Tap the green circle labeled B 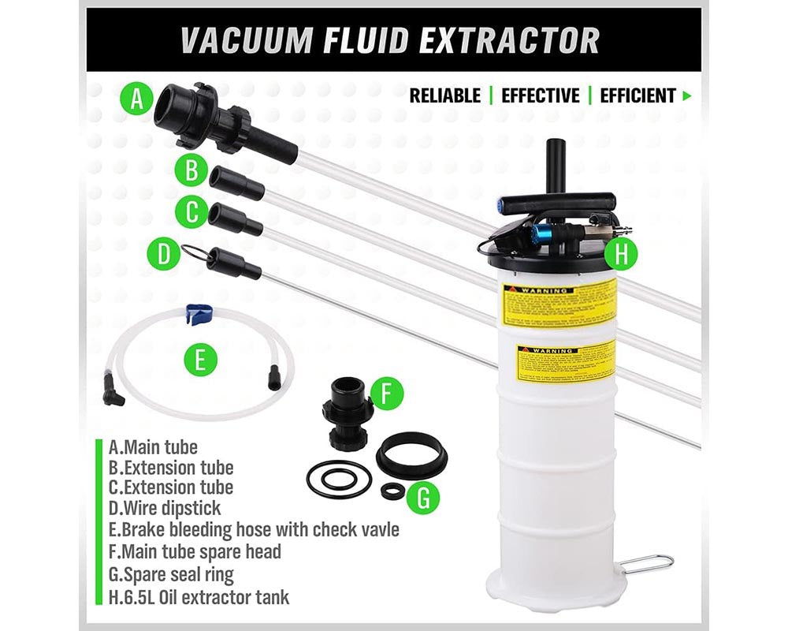pos(191,170)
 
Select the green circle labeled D pos(164,254)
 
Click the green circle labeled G pos(424,498)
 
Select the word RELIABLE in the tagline pos(444,96)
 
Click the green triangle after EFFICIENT pos(687,96)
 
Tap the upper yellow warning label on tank pos(558,302)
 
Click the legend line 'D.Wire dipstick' pos(165,508)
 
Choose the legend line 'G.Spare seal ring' pos(171,574)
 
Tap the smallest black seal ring pos(392,491)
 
